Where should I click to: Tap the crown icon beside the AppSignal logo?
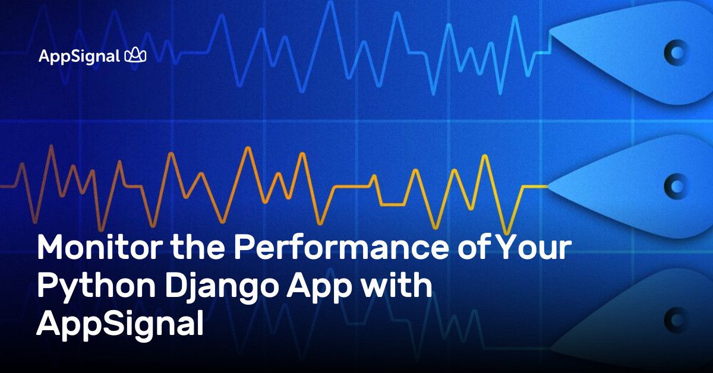(x=135, y=56)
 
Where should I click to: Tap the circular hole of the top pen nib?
(x=676, y=53)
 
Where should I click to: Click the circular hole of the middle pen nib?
(x=676, y=186)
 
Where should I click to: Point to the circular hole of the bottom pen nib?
(x=676, y=317)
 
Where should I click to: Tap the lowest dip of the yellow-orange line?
(x=506, y=233)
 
